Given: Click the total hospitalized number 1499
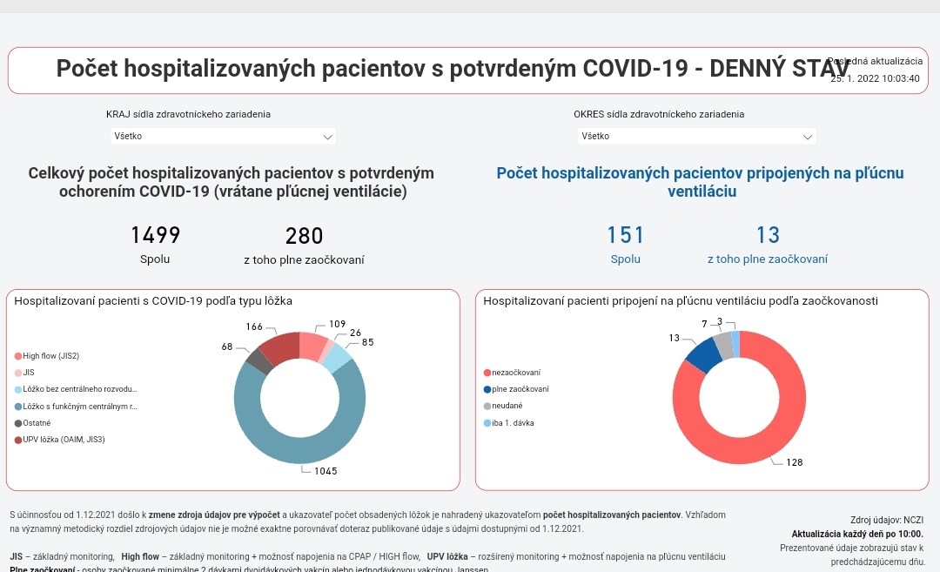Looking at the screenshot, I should tap(155, 235).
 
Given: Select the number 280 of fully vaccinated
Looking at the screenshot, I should tap(304, 236).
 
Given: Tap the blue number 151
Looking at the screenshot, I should tap(625, 235).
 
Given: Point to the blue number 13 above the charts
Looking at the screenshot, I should tap(768, 235).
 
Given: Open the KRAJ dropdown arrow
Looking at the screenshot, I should tap(327, 137).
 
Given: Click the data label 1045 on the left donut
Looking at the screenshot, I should tap(326, 471).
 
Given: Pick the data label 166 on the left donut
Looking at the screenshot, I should tap(254, 326).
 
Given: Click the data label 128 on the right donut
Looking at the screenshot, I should tap(794, 462).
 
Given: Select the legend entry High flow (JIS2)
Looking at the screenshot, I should tap(50, 356).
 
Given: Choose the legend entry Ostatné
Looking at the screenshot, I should tap(36, 423).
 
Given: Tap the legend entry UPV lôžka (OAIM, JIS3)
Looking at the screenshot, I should tap(64, 440).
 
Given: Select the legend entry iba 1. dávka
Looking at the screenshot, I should tap(514, 423).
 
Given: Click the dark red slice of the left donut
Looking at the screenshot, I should tap(279, 348).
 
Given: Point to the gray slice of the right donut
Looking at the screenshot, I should tap(722, 345).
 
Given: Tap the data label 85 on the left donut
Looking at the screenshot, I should tap(367, 343).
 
